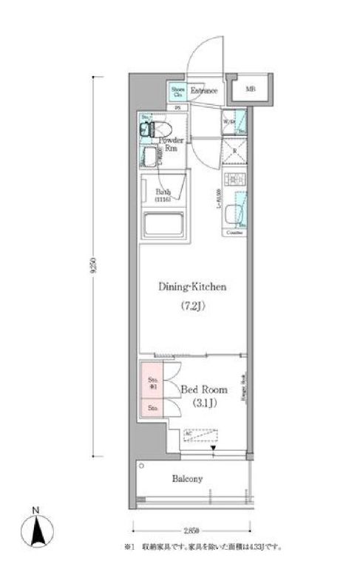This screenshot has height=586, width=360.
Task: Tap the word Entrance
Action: coord(203,91)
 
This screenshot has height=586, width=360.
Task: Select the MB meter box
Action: coord(251,90)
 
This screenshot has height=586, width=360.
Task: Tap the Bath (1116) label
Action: coord(163,196)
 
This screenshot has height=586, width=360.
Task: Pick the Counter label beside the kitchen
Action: coord(234,231)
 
